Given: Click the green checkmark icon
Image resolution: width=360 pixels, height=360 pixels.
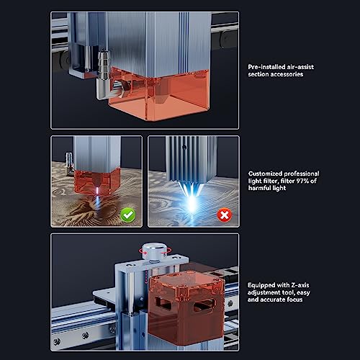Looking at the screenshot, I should click(129, 214).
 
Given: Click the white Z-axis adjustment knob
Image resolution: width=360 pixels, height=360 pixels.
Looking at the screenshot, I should click(152, 252).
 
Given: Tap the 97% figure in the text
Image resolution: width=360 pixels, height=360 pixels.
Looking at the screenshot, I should click(307, 182).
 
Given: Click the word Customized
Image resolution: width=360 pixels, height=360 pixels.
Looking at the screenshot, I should click(267, 174).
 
